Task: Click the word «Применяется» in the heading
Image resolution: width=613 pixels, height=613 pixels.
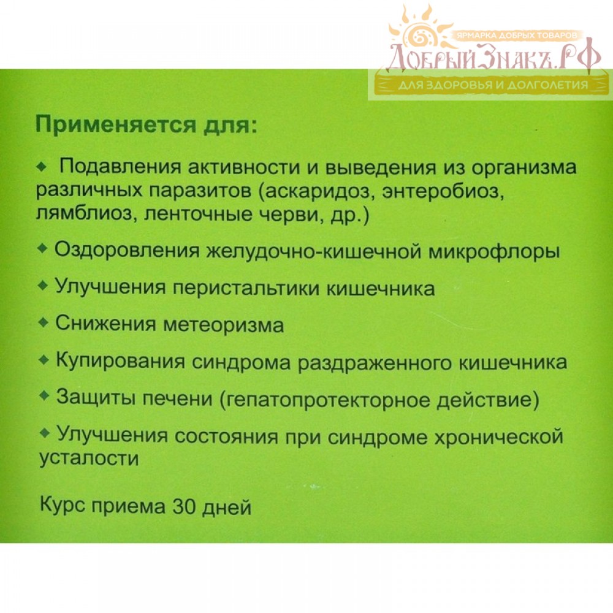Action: point(116,126)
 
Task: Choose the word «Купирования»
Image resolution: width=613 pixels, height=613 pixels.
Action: point(120,360)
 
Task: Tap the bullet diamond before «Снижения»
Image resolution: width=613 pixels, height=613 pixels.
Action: point(43,322)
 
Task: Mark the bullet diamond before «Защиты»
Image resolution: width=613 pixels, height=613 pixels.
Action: point(45,395)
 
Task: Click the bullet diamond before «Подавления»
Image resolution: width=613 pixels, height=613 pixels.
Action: point(42,167)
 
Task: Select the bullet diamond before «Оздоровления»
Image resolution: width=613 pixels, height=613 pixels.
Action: point(42,249)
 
